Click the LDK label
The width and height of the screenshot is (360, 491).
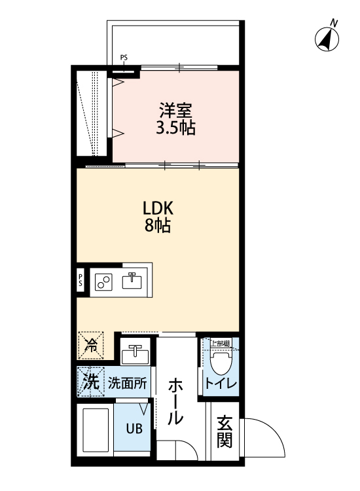tap(158, 208)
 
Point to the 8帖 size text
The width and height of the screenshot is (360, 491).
tap(158, 227)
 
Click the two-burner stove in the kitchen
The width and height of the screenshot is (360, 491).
tap(103, 282)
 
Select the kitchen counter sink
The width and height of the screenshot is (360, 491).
tap(133, 280)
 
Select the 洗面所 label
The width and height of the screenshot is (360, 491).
tap(127, 382)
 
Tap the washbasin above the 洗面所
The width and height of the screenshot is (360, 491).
tap(135, 353)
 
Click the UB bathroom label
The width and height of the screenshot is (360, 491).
tap(134, 430)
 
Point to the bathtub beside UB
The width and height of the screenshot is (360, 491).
tap(96, 430)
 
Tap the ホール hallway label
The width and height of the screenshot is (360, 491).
tap(175, 402)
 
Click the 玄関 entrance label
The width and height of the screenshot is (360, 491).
tap(225, 432)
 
